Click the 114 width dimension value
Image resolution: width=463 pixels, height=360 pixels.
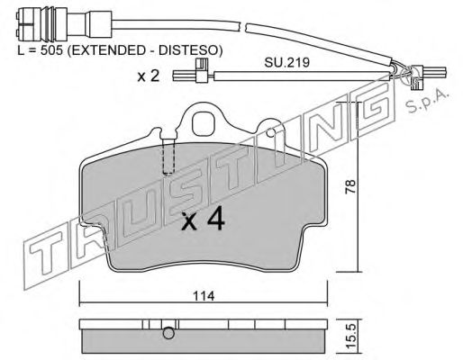point(204,296)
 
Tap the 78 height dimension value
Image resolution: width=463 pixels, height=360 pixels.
point(350,186)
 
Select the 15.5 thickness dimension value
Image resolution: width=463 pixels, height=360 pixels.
point(350,337)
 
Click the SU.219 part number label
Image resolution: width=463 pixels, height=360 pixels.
point(286,62)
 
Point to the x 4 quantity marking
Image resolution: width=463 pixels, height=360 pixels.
point(203,220)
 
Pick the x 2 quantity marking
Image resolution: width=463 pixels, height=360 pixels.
point(149,76)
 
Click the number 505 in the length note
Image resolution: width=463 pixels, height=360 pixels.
point(51,50)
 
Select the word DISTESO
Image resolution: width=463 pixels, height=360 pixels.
point(188,50)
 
